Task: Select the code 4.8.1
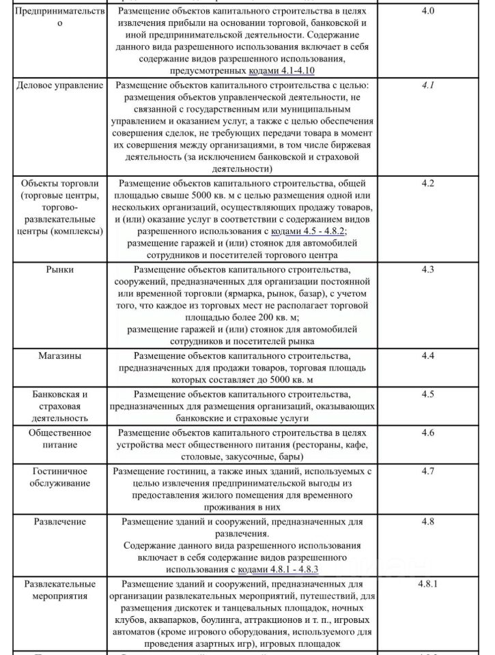pos(432,585)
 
